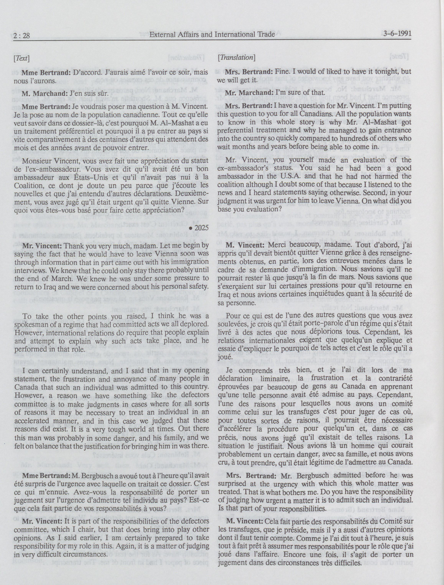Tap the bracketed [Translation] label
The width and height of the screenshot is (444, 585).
pos(236,57)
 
